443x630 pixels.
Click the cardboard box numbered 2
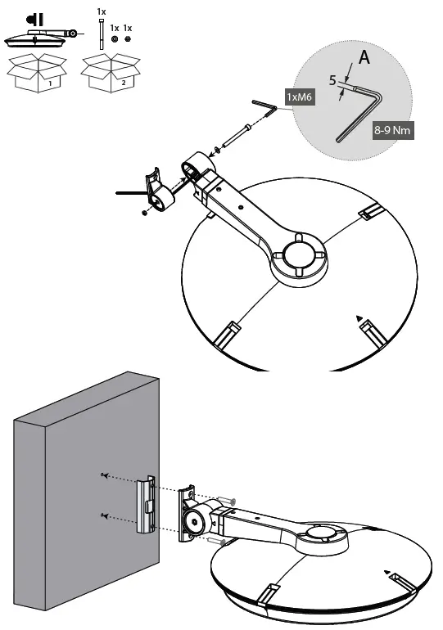[x=109, y=74]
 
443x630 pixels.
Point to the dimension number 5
[x=333, y=82]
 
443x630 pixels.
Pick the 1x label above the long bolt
[x=101, y=12]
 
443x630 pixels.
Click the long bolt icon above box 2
[x=101, y=37]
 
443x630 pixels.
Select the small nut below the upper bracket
[x=144, y=213]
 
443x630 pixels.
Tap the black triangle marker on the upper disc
[x=359, y=317]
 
